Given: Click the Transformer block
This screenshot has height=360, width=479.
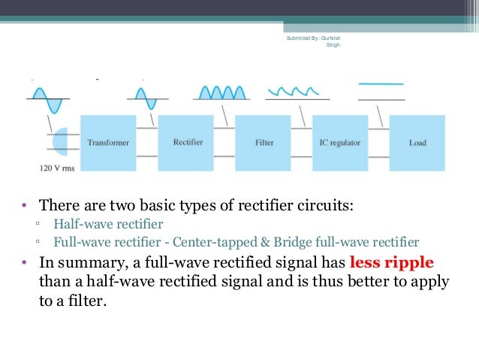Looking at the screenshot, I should (x=107, y=143).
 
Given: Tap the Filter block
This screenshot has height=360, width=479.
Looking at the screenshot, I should (x=264, y=143).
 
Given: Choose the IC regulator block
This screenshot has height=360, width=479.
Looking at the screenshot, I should (x=342, y=143).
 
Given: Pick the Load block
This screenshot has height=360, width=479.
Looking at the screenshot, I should (x=417, y=143).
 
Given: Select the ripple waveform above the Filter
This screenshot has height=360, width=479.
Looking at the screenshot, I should (x=297, y=92).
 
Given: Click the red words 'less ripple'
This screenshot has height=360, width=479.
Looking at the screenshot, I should (x=391, y=262).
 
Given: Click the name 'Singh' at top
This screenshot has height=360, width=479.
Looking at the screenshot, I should (x=333, y=45).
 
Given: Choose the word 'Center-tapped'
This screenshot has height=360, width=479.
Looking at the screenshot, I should (x=212, y=242).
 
